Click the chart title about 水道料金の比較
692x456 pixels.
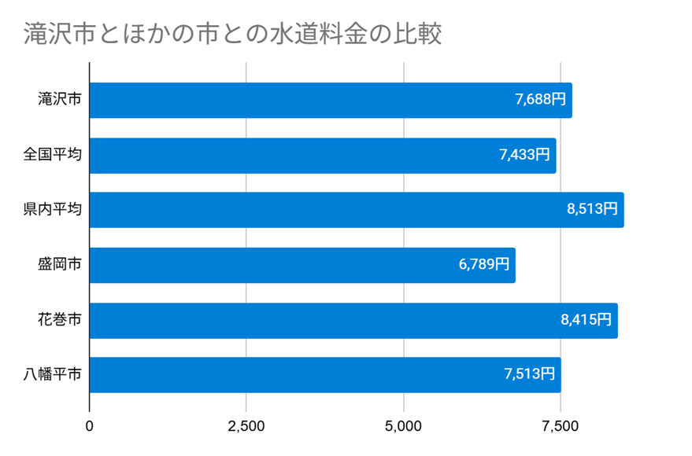[x=232, y=35]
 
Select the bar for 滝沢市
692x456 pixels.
[x=331, y=101]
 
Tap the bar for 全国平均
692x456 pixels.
[x=323, y=156]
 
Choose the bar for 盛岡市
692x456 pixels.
[x=302, y=265]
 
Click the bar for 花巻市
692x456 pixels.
[x=353, y=320]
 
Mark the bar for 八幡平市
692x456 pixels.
[x=325, y=375]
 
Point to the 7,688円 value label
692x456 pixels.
[x=540, y=100]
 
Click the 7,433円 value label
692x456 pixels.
[x=524, y=155]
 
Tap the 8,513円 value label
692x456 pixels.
[x=592, y=210]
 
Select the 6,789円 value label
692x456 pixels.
[x=483, y=265]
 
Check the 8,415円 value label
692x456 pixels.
[x=586, y=320]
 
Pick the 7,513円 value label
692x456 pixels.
[x=529, y=375]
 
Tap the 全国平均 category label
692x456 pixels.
[x=52, y=155]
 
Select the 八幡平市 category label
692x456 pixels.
[x=52, y=375]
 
